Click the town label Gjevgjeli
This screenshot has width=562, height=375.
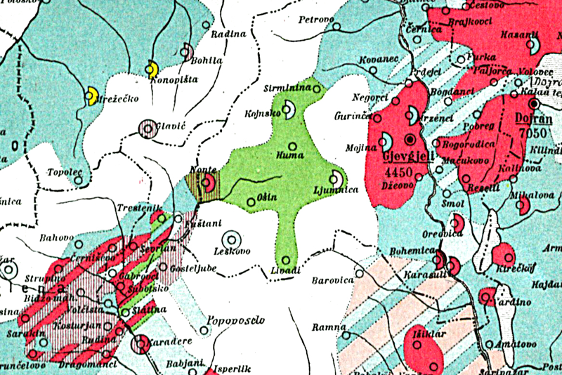pyautogui.click(x=405, y=154)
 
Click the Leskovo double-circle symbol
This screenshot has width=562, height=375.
pyautogui.click(x=230, y=239)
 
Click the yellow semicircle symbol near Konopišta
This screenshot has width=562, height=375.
pyautogui.click(x=151, y=70)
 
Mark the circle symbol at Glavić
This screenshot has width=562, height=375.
pyautogui.click(x=148, y=128)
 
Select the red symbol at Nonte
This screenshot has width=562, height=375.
pyautogui.click(x=208, y=184)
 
